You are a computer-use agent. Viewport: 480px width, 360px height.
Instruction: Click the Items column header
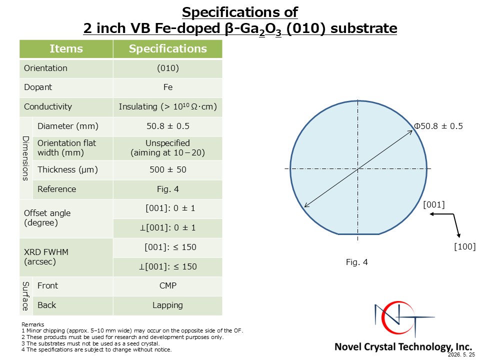66,48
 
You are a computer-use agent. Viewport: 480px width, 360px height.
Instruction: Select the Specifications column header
168,48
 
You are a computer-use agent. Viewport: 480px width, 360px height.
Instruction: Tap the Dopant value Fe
168,87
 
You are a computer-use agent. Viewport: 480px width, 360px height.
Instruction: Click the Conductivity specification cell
168,106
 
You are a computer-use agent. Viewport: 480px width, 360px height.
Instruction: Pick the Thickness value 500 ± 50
168,169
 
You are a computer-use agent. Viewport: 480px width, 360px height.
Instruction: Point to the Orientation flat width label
66,148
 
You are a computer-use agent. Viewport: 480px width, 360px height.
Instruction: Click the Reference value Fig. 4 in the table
168,189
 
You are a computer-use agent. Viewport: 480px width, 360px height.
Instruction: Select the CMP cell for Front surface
168,285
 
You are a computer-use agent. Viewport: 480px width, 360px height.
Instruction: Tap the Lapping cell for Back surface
168,305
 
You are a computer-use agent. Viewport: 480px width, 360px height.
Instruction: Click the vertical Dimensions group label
25,158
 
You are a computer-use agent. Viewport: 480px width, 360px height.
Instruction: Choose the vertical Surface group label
25,296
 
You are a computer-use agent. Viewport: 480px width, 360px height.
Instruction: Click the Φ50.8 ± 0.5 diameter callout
438,126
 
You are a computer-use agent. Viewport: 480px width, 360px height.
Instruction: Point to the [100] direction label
464,246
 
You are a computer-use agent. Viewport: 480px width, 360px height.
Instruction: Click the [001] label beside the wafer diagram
434,204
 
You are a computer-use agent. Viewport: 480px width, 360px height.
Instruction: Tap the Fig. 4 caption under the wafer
356,262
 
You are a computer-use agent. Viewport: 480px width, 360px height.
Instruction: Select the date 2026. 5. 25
461,355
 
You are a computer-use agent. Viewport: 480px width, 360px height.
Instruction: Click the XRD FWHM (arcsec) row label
46,257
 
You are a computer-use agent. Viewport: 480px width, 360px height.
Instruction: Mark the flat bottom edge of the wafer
358,234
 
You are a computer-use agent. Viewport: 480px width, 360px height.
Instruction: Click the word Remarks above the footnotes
33,324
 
